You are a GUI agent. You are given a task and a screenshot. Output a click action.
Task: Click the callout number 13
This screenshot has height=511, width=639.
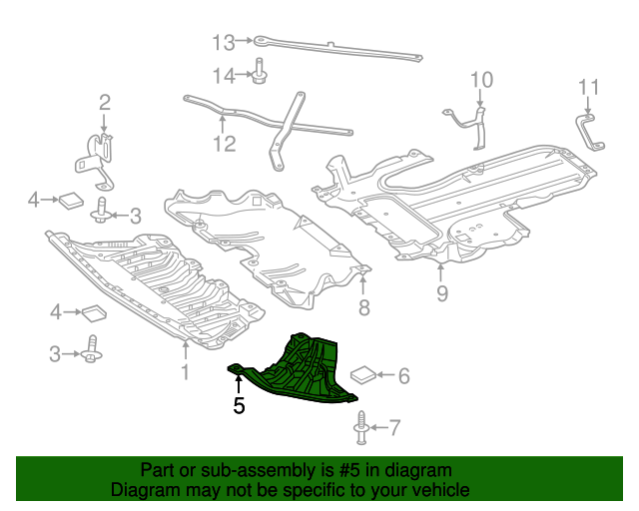tap(222, 42)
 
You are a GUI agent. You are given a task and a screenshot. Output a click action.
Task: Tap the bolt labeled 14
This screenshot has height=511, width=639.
tap(259, 74)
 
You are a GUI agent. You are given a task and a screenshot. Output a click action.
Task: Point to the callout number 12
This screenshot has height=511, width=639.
tap(224, 144)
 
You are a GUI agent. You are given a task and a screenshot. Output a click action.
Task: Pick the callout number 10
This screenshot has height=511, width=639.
tap(481, 79)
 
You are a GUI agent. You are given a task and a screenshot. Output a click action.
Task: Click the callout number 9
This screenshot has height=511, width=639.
tap(441, 293)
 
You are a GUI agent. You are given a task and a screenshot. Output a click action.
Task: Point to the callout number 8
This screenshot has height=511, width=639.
tap(364, 307)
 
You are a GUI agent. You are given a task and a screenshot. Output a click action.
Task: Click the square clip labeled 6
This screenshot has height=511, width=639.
tap(363, 375)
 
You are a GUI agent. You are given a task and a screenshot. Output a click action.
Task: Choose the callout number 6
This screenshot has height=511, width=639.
tap(404, 376)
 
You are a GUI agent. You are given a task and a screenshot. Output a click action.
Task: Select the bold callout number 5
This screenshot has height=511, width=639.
tap(239, 405)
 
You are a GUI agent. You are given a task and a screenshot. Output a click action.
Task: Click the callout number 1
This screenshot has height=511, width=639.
tap(184, 373)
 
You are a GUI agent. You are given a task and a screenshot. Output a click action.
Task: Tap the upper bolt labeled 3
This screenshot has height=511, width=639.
tap(101, 213)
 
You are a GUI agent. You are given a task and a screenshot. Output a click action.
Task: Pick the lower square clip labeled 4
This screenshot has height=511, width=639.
tap(94, 313)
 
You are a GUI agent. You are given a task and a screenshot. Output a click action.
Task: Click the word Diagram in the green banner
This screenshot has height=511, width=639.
tap(147, 490)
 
